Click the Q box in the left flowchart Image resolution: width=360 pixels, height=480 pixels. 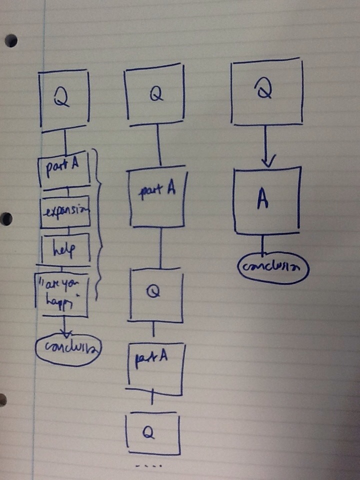click(64, 100)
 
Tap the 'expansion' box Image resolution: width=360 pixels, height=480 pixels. click(65, 211)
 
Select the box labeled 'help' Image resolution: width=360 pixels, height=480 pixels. click(65, 248)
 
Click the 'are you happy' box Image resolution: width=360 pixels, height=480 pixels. click(61, 294)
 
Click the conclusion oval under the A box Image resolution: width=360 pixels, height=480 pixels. click(273, 267)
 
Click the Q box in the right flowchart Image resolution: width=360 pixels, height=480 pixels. click(266, 91)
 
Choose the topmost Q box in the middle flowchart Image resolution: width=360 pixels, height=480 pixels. click(155, 95)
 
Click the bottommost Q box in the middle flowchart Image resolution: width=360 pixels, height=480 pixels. click(151, 433)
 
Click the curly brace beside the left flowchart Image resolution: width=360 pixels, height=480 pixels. click(100, 225)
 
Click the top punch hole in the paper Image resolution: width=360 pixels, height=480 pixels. click(10, 41)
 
